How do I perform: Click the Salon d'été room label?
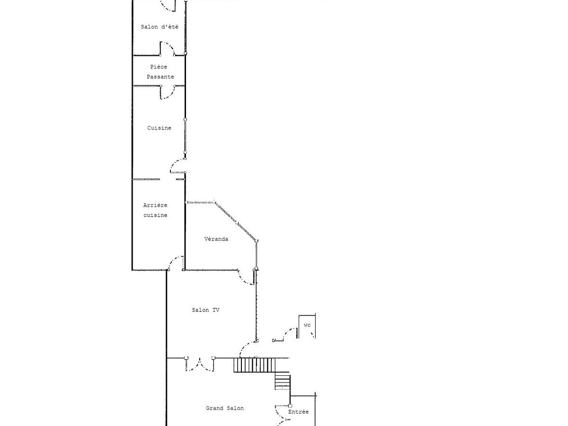click(x=160, y=27)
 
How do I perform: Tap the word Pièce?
click(x=159, y=67)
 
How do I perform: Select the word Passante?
click(x=160, y=77)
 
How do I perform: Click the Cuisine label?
click(x=159, y=128)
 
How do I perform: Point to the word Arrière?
click(x=155, y=205)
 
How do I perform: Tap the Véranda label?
click(x=216, y=239)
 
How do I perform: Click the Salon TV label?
click(x=205, y=310)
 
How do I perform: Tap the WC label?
click(x=307, y=325)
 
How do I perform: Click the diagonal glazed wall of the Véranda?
click(x=235, y=221)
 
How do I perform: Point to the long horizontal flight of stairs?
click(x=254, y=365)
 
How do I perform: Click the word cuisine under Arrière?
click(x=155, y=215)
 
